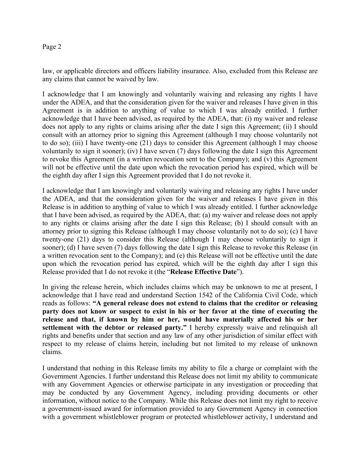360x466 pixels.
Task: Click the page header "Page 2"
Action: coord(52,47)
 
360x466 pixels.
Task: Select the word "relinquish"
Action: coord(292,328)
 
